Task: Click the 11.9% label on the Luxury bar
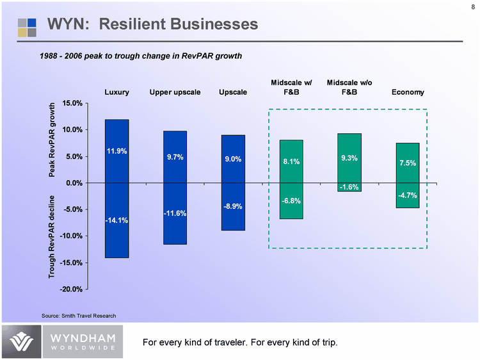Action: coord(117,152)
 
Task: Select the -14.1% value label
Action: coord(117,221)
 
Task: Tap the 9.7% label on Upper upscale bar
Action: coord(175,156)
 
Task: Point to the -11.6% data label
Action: coord(175,213)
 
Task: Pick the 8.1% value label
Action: coord(292,162)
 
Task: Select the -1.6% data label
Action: coord(349,187)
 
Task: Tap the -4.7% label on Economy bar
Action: coord(408,195)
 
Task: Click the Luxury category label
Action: coord(117,93)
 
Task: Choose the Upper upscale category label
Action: coord(175,93)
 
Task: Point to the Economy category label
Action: coord(408,93)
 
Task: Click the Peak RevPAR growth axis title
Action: coord(53,140)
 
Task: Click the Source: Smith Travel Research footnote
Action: coord(79,316)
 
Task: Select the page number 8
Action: coord(472,8)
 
